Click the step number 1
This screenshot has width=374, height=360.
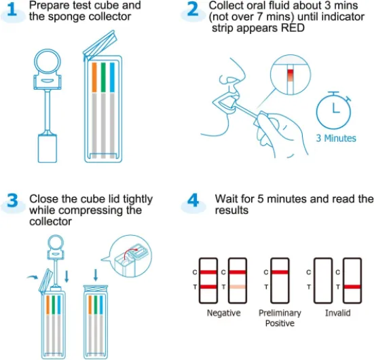13,12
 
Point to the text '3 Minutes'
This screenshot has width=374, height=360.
335,138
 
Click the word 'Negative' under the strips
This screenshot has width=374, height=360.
224,313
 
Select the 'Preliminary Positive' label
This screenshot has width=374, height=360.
280,318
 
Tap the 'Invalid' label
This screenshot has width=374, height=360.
337,313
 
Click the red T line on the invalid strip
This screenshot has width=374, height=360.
352,287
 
